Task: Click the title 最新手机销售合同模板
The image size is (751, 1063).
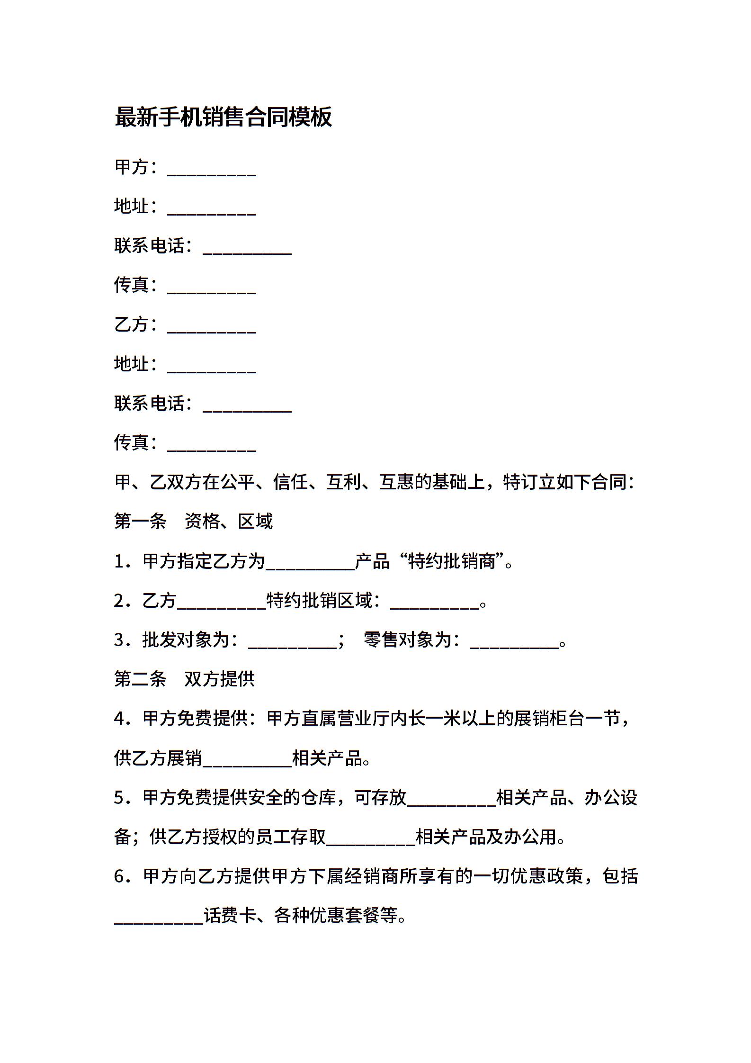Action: point(223,117)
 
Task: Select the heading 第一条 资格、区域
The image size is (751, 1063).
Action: point(193,522)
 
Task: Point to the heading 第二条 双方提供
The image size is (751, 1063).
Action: point(184,679)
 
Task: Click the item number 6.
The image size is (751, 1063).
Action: point(120,876)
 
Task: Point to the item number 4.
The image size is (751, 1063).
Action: point(120,719)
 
